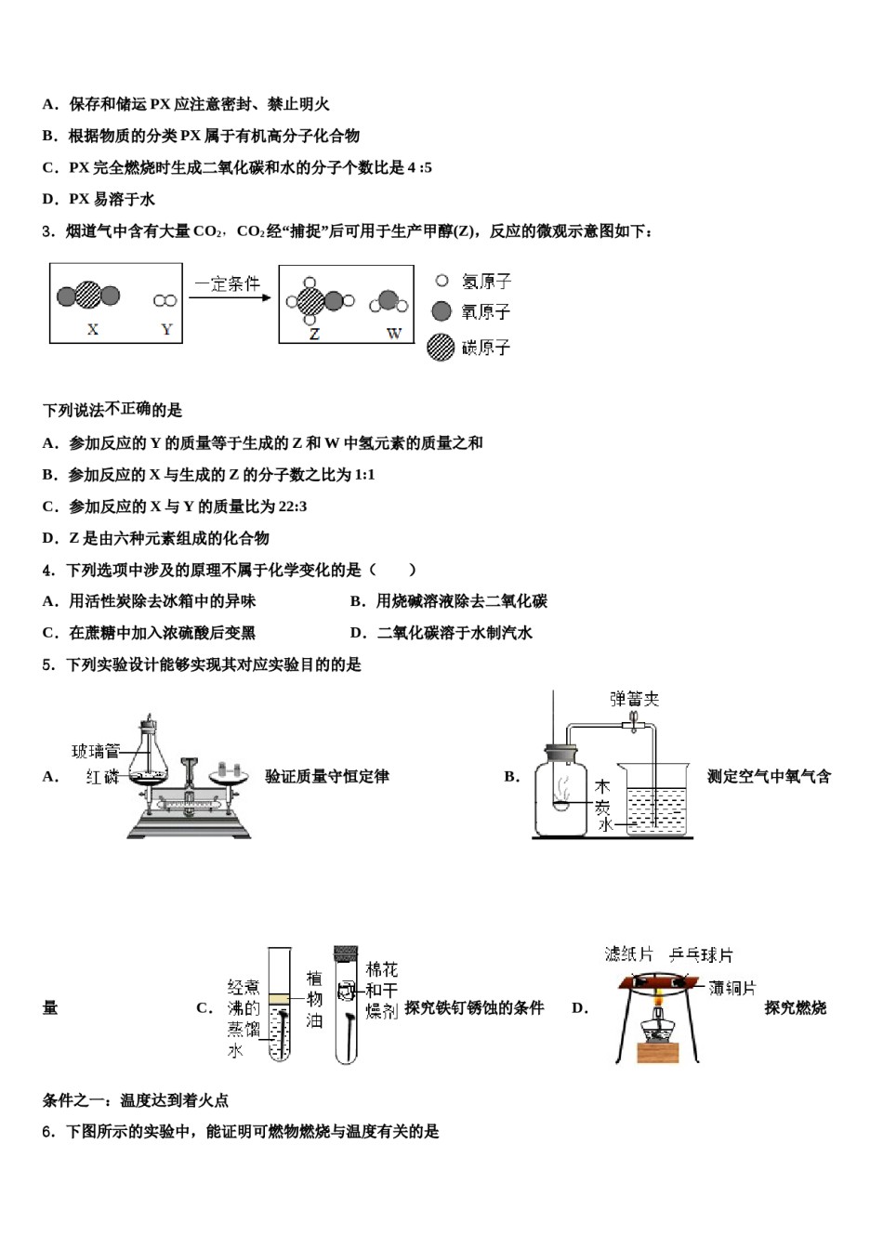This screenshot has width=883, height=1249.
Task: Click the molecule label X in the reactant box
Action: tap(92, 329)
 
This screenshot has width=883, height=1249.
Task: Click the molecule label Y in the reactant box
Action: tap(166, 329)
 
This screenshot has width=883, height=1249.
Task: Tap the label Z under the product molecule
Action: tap(314, 334)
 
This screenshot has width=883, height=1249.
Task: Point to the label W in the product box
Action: tap(393, 333)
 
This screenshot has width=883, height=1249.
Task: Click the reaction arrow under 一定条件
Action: tap(230, 297)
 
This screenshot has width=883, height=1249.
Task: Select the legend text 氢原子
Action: tap(486, 281)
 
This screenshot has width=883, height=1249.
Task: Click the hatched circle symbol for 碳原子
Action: tap(441, 347)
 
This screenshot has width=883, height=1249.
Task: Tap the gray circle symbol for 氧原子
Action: tap(441, 311)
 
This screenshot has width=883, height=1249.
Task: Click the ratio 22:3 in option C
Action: tap(291, 506)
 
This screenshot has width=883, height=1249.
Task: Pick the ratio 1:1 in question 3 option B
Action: tap(363, 475)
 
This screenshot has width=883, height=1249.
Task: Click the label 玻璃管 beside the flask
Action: tap(96, 751)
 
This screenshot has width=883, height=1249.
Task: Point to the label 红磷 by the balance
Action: tap(102, 777)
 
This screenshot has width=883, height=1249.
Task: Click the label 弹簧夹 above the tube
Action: tap(634, 699)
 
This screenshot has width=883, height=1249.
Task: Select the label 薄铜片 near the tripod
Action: tap(732, 988)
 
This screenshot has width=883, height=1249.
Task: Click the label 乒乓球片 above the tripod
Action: tap(701, 954)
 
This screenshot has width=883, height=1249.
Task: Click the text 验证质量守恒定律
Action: tap(327, 776)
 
